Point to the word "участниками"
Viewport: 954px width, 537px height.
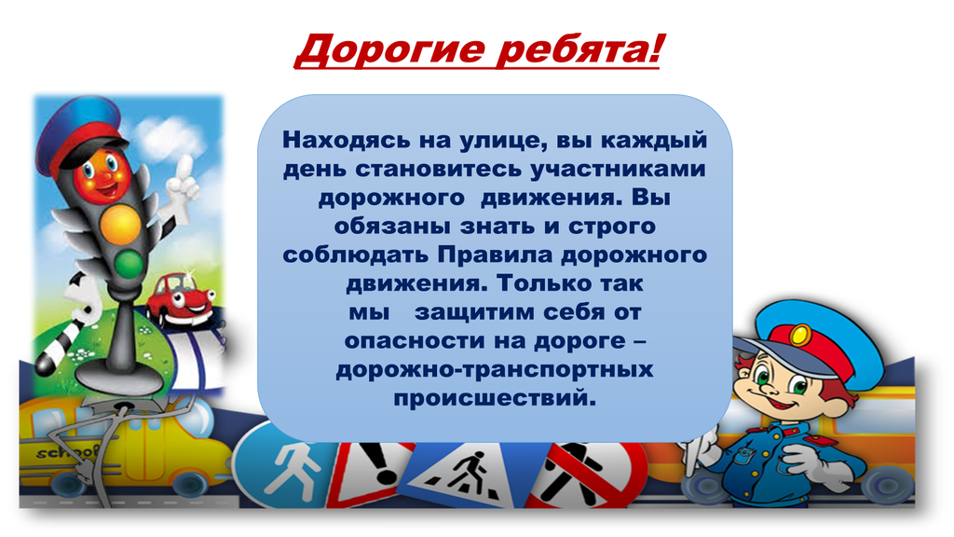click(618, 170)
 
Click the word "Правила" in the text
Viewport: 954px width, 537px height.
click(496, 254)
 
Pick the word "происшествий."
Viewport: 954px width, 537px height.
click(495, 398)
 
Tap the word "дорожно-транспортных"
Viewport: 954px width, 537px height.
click(495, 369)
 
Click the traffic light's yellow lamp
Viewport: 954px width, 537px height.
click(120, 222)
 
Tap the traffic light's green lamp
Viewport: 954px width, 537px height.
click(129, 263)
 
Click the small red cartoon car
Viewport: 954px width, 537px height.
click(180, 299)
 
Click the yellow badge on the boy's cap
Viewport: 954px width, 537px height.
click(799, 335)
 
